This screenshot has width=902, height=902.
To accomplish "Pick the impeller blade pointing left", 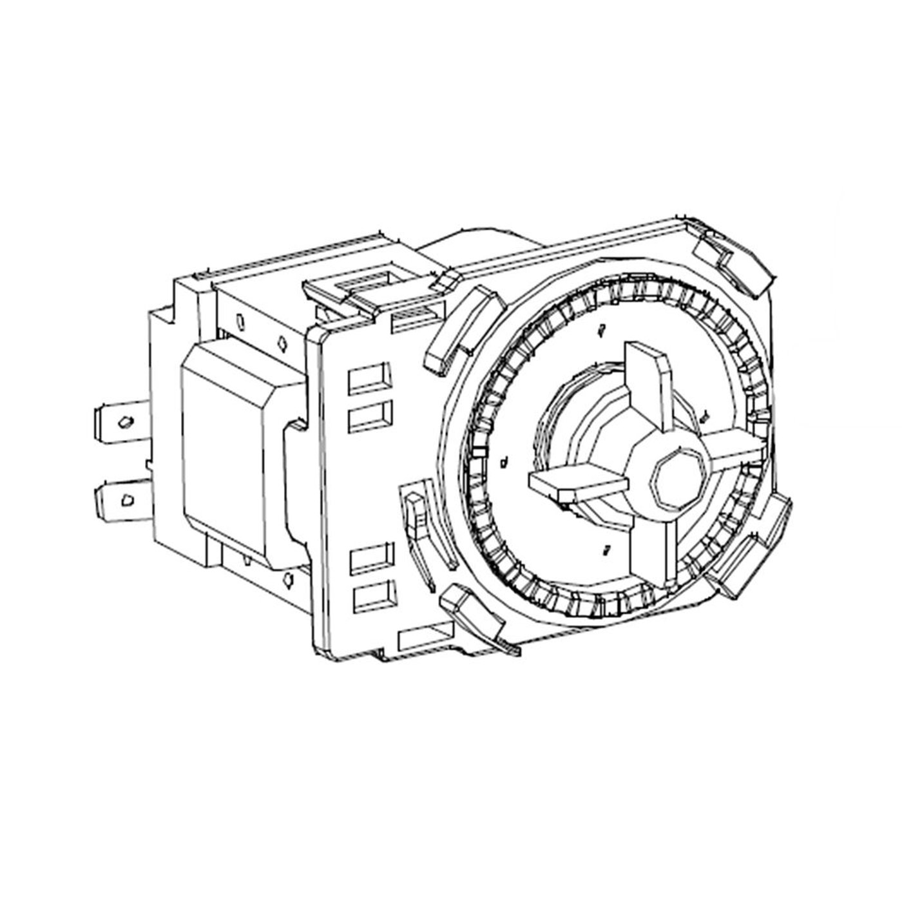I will [577, 482].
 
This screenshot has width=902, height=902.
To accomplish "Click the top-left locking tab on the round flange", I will [461, 329].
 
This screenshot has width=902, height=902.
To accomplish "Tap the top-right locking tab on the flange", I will [734, 254].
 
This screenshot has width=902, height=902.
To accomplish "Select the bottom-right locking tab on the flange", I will [751, 554].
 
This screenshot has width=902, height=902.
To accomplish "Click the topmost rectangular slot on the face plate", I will [369, 380].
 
